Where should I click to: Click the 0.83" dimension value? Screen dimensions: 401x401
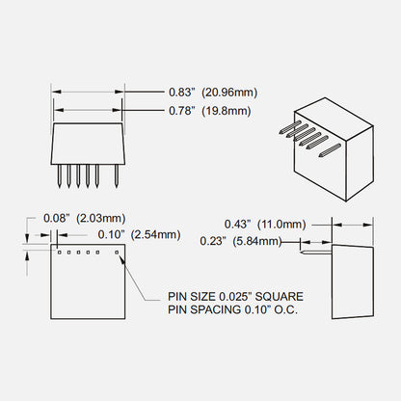tap(182, 93)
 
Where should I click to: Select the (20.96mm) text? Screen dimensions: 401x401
tap(229, 93)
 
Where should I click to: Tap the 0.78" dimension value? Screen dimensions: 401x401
tap(182, 111)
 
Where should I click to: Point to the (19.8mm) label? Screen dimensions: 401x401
tap(227, 111)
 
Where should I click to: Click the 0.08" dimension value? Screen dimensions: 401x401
tap(57, 218)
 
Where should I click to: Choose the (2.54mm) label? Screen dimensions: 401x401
tap(155, 235)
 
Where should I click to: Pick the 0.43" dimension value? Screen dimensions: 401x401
tap(237, 224)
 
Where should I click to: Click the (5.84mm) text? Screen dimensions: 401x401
tap(257, 241)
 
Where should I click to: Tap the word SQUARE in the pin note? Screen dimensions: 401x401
tap(279, 296)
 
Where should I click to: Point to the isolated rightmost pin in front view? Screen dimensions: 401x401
tap(117, 176)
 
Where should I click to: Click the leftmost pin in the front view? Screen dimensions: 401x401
tap(60, 176)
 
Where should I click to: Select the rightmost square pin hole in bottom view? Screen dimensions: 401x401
tap(117, 253)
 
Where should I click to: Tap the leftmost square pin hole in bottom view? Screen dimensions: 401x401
tap(60, 253)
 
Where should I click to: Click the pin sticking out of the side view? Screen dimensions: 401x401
tap(316, 253)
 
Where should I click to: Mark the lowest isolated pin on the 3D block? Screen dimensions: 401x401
tap(330, 150)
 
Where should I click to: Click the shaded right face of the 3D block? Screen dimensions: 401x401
tap(360, 163)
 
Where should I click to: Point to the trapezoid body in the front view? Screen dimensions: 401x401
tap(87, 144)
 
